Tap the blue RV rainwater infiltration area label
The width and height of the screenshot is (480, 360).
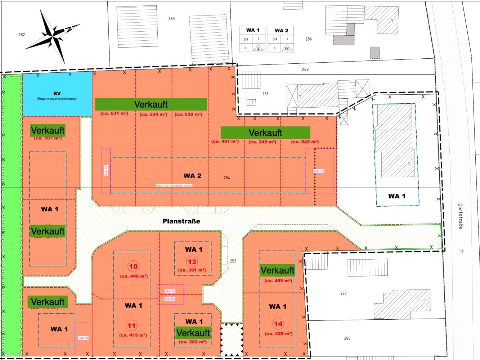coord(57,94)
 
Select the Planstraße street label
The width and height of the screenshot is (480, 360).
coord(181,221)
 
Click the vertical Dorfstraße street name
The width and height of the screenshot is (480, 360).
coord(461,216)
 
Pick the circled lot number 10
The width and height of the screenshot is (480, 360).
coord(133,266)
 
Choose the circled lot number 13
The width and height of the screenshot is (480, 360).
coord(192,262)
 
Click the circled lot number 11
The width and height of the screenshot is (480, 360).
coord(132,326)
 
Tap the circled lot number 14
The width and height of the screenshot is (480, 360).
coord(278,324)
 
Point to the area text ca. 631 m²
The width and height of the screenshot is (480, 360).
coord(114,113)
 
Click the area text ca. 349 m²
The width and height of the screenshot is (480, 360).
coord(262,142)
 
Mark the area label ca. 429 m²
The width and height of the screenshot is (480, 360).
coord(279,334)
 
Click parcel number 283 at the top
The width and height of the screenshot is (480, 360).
coord(171,18)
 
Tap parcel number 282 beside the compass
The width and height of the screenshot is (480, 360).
coord(22,35)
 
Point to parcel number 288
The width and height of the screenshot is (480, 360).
coord(347,338)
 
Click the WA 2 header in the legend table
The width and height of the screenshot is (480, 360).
coord(281,31)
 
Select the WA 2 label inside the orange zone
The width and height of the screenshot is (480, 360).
coord(192,176)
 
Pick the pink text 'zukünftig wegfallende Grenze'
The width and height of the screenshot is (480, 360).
coord(174,186)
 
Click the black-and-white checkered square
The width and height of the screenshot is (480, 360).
coord(232,340)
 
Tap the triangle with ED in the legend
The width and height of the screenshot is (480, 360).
coord(287,48)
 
